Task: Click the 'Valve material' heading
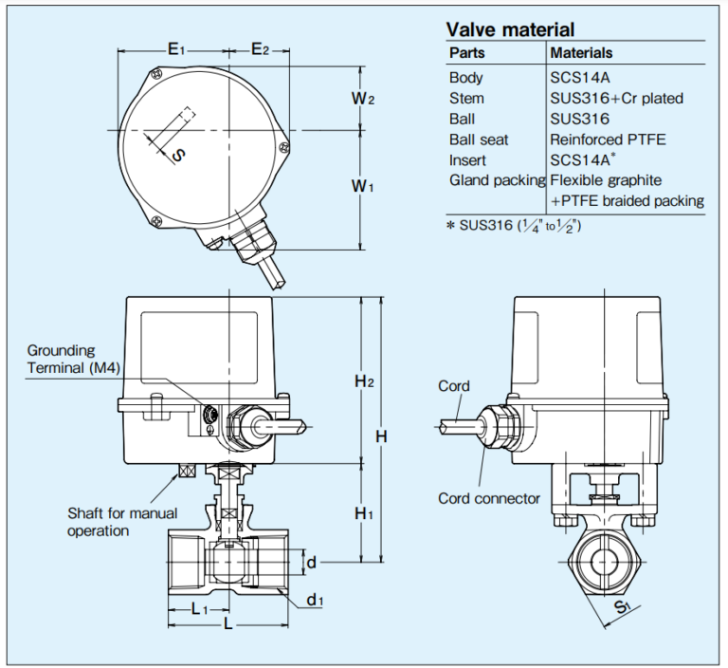tap(510, 28)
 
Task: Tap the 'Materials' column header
tap(581, 53)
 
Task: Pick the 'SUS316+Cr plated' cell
tap(616, 99)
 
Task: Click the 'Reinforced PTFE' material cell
tap(608, 139)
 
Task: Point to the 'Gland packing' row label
tap(497, 180)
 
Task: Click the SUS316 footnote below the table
tap(514, 225)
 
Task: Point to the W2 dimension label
tap(364, 99)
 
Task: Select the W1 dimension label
tap(364, 187)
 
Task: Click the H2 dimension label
tap(365, 381)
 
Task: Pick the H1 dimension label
tap(365, 513)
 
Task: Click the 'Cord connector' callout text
tap(488, 498)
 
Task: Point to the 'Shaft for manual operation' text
tap(121, 522)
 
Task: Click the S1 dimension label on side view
tap(620, 608)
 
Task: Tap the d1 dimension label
tap(315, 600)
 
